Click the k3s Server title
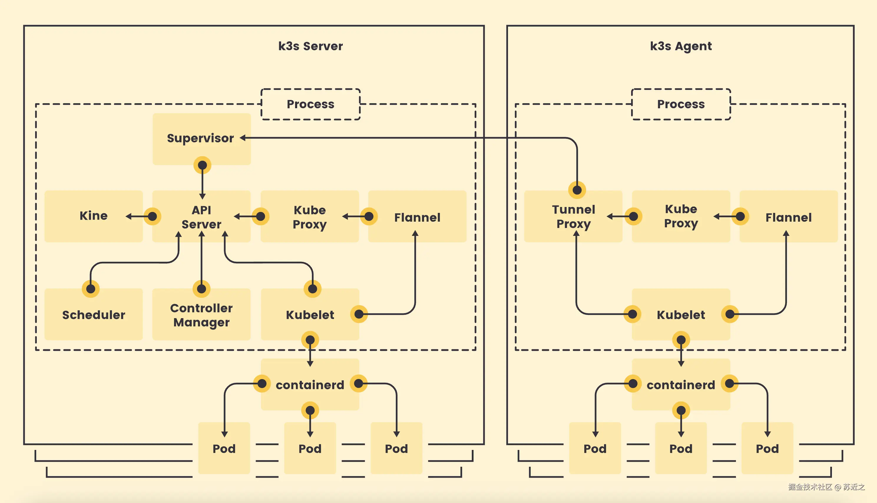coord(310,46)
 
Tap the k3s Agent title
coord(681,46)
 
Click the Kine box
coord(93,216)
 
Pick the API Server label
coord(201,217)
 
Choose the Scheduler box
coord(93,315)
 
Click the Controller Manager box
coord(201,315)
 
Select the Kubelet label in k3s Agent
coord(681,315)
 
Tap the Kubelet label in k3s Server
coord(310,315)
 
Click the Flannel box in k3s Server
coord(417,217)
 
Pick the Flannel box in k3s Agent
coord(788,217)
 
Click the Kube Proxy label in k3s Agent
coord(681,216)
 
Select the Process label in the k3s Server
coord(310,104)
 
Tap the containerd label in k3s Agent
coord(681,385)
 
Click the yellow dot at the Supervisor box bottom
coord(203,165)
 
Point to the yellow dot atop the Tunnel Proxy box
coord(577,190)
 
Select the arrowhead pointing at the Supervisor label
coord(243,138)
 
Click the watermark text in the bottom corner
coord(826,487)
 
